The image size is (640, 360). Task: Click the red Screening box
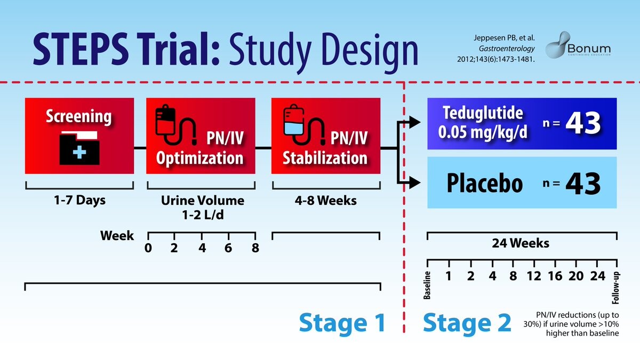78,135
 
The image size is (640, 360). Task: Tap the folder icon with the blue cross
78,146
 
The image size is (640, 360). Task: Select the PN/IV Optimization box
201,135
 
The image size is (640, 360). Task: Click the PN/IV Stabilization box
325,135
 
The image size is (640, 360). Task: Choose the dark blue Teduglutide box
522,123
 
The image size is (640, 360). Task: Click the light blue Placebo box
522,182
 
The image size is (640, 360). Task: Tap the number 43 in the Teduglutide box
583,124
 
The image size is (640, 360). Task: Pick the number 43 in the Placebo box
583,183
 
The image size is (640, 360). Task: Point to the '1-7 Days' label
78,201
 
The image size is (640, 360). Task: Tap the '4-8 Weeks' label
325,201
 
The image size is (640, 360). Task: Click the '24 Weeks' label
521,243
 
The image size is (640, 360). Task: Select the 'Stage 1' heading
342,323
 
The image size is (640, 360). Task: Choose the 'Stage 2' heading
467,323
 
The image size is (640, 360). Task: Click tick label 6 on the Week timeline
228,248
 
